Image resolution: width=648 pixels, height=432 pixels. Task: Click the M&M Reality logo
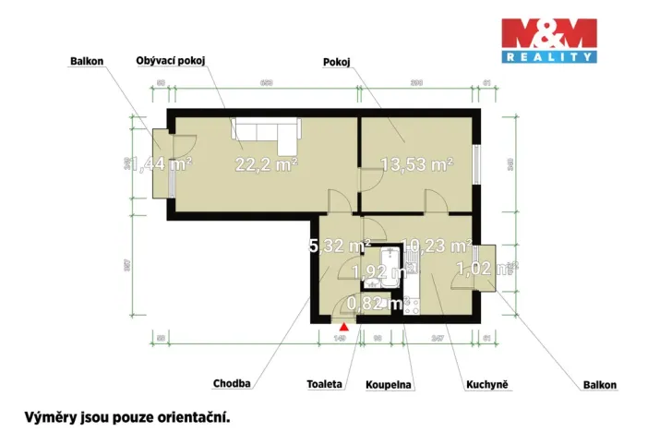pos(547,41)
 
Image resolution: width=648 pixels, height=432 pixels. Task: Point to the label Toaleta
pos(326,382)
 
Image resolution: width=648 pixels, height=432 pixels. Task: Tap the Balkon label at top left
pos(87,63)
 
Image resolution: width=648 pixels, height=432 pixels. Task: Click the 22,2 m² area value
pos(266,165)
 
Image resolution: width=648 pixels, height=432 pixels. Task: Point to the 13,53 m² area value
pos(417,165)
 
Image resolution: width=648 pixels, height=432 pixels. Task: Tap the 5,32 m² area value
pos(339,246)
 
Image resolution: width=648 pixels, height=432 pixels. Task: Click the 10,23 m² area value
pos(438,246)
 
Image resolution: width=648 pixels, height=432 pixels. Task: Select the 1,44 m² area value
pos(161,165)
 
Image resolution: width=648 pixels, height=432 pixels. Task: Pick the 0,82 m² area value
pos(377,302)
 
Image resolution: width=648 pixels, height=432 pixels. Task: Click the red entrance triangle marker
pos(344,325)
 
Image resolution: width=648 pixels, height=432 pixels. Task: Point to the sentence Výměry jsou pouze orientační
pos(126,416)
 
